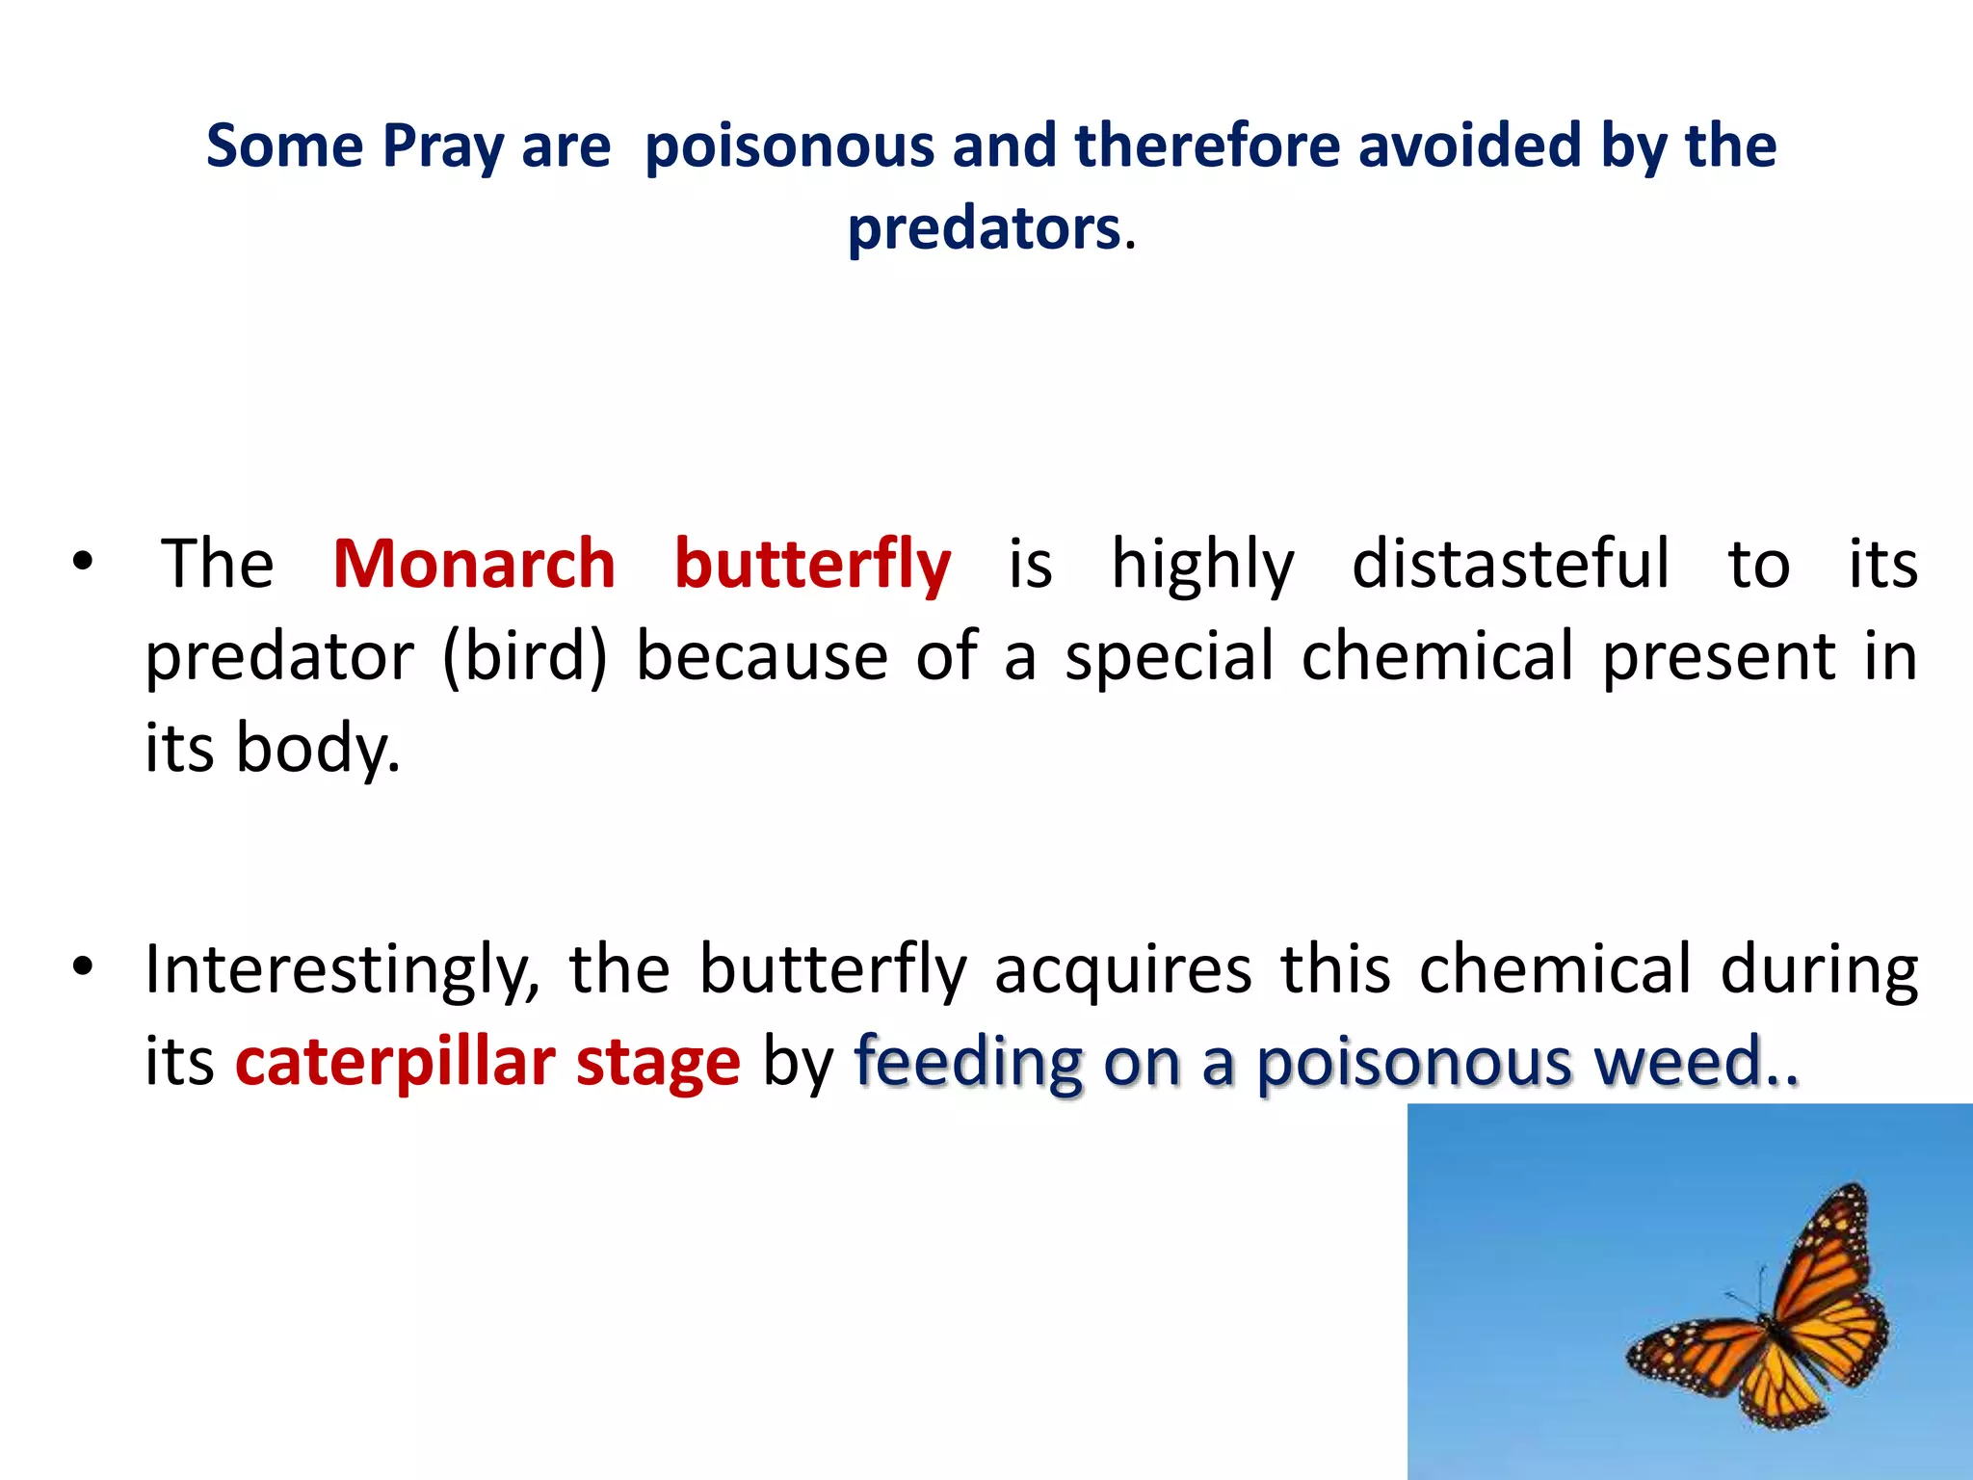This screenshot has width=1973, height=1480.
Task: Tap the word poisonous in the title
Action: pos(789,146)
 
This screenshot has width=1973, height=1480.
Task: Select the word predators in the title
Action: pos(984,229)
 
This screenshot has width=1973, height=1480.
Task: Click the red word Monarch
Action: pos(473,564)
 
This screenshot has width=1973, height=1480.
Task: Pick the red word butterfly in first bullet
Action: pos(811,564)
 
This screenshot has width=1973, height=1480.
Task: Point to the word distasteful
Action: pos(1510,564)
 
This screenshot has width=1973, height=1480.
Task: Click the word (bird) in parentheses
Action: pos(525,656)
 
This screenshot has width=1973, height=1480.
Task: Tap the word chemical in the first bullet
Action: pos(1437,656)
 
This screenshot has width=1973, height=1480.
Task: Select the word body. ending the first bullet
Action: pos(318,749)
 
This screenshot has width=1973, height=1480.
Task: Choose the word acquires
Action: pos(1122,969)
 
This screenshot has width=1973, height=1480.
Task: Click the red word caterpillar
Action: pos(394,1062)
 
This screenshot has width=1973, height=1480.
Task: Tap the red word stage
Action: pos(658,1062)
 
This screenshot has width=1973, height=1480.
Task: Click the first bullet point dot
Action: pos(82,562)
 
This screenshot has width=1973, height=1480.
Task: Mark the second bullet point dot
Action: pos(82,965)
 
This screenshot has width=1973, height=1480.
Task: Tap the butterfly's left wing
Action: pos(1691,1354)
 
